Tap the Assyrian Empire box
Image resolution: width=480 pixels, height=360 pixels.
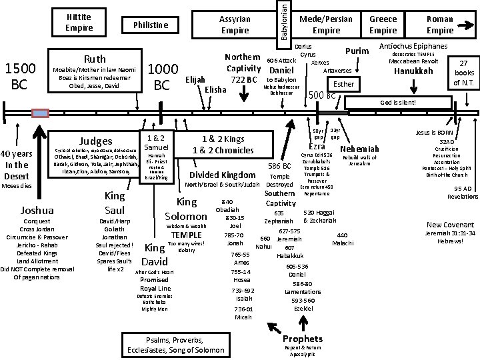235,25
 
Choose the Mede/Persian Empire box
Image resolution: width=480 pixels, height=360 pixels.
327,25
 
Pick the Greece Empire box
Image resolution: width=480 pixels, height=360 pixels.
383,25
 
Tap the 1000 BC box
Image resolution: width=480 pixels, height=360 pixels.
163,77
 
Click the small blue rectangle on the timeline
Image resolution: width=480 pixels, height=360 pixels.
41,113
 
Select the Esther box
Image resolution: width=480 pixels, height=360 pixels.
344,85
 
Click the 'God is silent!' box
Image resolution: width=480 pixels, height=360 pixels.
397,103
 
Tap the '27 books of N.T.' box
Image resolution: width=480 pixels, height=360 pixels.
463,73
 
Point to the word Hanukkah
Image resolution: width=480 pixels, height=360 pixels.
413,71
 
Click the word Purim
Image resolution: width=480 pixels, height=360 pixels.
357,52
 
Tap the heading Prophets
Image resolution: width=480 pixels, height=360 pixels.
302,339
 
